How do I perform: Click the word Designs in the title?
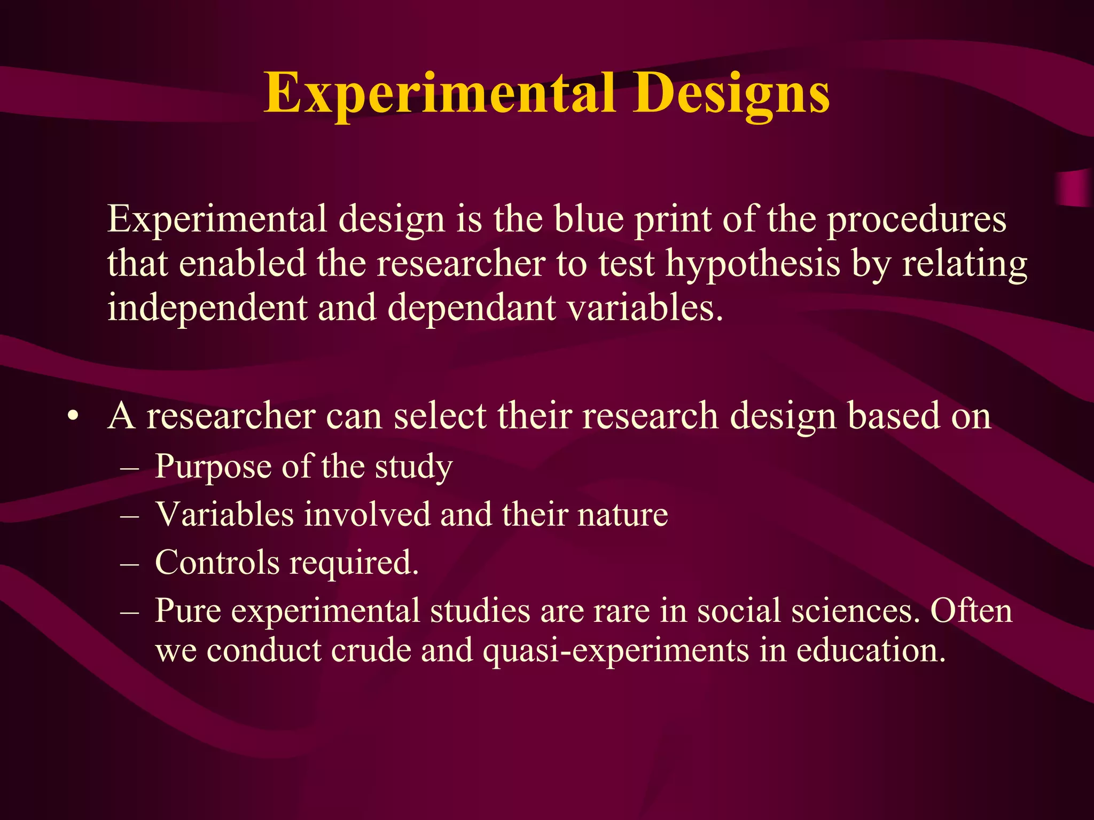[731, 95]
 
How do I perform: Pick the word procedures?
[917, 220]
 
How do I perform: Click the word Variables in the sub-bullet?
[224, 515]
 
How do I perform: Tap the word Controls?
[217, 563]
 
